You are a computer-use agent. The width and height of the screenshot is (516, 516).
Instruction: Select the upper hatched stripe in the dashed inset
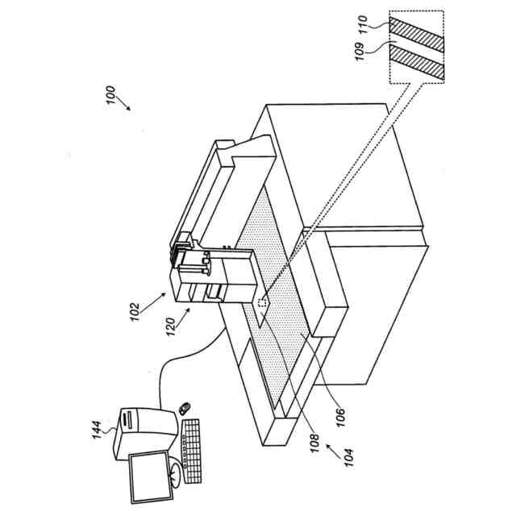point(416,33)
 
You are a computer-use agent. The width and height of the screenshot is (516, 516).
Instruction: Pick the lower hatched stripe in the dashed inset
point(416,62)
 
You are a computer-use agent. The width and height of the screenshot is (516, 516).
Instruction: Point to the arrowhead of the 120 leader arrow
point(190,306)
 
